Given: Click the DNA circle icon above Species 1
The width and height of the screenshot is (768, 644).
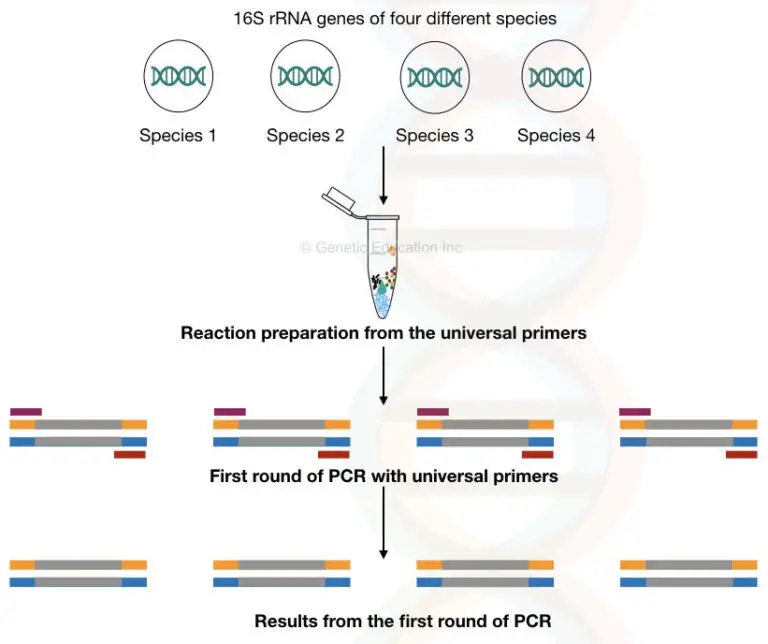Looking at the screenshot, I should pos(178,77).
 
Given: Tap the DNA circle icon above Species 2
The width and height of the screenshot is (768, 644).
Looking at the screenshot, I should pos(305,77).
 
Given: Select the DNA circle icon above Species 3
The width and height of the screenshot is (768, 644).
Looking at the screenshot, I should pos(434,77).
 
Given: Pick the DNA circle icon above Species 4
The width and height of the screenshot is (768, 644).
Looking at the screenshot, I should pos(556,77).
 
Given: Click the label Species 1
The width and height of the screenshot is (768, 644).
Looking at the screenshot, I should pos(178,136).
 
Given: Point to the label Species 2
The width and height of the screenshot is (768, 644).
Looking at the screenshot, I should pos(305,136).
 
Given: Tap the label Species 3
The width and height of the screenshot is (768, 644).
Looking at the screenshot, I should pos(434,136).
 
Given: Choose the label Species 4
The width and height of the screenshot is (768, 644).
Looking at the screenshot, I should pos(556,136).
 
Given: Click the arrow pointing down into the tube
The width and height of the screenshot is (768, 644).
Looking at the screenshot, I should pos(384,175).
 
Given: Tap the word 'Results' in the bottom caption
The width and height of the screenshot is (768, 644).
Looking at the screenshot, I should pos(284,621).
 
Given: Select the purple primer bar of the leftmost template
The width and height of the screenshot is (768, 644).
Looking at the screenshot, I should pos(26,411).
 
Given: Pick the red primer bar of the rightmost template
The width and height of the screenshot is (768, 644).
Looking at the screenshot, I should pos(741,454).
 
